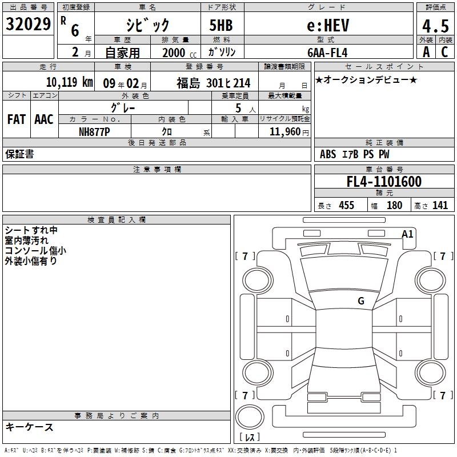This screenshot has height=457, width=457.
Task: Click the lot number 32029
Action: tap(28, 24)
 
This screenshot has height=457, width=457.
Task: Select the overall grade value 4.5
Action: tap(435, 26)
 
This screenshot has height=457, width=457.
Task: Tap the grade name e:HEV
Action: tap(328, 25)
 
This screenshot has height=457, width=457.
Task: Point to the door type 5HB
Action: tap(221, 25)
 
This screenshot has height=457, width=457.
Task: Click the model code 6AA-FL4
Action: tap(327, 53)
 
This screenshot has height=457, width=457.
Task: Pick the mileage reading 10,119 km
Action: tap(70, 82)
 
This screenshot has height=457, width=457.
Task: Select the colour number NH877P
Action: tap(94, 132)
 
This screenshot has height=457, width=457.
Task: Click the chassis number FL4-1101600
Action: tap(384, 182)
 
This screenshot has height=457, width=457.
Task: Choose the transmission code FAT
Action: tap(17, 119)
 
